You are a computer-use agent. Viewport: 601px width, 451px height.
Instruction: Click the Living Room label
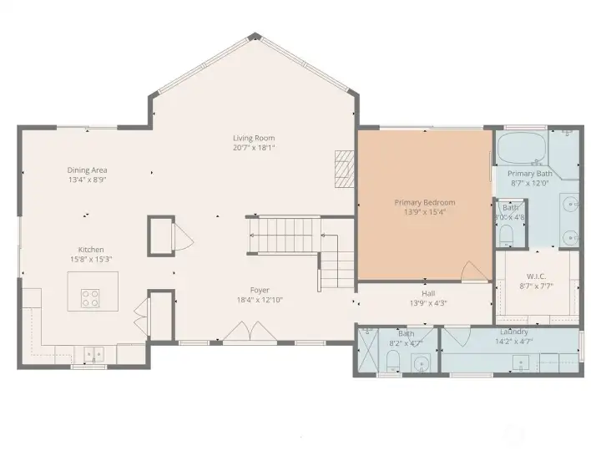click(254, 138)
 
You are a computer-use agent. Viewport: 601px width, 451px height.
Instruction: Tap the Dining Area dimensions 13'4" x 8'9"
click(87, 180)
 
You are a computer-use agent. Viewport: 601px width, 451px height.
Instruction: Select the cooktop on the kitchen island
click(89, 297)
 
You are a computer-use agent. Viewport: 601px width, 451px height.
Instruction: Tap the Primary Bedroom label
click(425, 202)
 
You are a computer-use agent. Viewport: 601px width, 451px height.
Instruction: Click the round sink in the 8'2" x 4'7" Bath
click(422, 364)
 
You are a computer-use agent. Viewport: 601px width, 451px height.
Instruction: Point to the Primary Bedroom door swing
click(473, 271)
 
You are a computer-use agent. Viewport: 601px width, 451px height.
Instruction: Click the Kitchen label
click(90, 250)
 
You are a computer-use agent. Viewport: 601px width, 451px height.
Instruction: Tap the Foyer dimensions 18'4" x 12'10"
click(259, 300)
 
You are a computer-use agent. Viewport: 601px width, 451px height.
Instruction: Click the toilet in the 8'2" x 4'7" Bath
click(392, 361)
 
